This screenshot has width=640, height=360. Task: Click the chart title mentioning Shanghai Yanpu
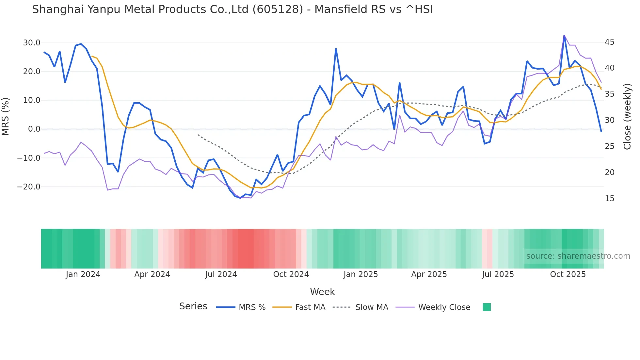pos(232,9)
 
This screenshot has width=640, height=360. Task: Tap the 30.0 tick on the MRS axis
pos(32,43)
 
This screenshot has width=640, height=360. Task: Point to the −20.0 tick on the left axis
pos(29,187)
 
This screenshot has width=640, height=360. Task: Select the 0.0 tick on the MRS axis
pos(34,129)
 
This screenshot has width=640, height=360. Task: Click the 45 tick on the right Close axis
pos(609,42)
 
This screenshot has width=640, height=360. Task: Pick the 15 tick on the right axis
pos(609,199)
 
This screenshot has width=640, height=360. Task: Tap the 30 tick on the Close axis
pos(609,120)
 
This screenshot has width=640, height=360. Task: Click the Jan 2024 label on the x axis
pos(83,274)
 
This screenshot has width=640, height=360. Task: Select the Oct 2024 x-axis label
pos(291,274)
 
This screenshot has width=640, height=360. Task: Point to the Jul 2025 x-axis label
pos(498,274)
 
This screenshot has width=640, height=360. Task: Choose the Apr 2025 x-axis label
pos(429,274)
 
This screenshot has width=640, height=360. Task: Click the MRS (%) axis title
pos(6,116)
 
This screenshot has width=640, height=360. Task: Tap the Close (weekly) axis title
pos(627,117)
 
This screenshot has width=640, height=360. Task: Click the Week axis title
pos(322,292)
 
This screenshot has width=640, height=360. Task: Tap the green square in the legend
pos(487,307)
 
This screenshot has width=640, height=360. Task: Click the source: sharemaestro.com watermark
pos(578,256)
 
